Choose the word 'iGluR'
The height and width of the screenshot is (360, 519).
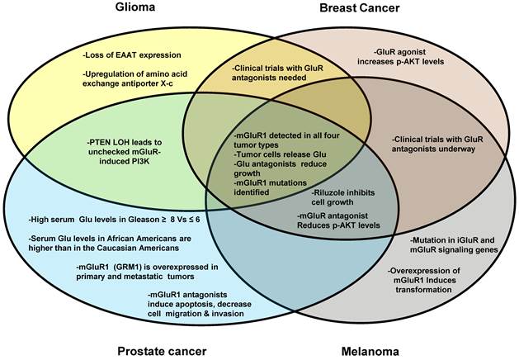(x=466, y=240)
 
